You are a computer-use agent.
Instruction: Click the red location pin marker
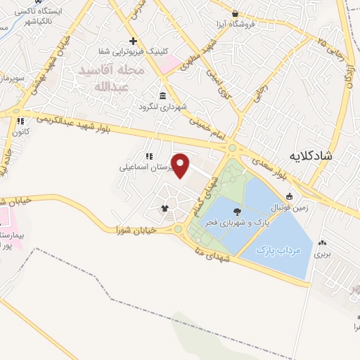(181, 166)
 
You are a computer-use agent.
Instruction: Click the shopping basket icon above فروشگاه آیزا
(235, 13)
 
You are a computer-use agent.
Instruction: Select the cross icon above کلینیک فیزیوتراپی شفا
(132, 41)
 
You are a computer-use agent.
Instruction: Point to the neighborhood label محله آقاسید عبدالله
(113, 79)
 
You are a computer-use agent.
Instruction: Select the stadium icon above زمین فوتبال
(288, 196)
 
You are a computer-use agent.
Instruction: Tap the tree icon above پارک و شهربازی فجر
(235, 210)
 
